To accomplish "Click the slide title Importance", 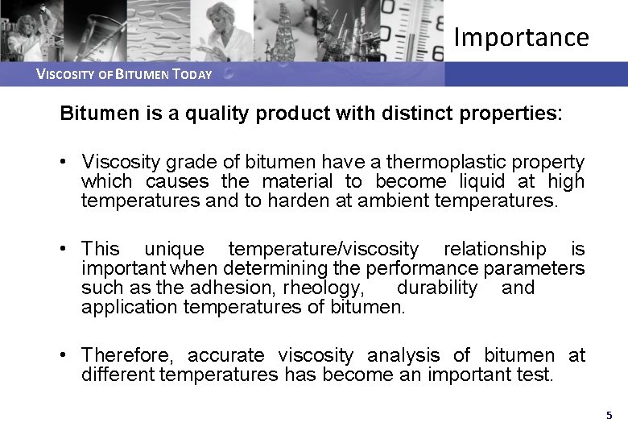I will pyautogui.click(x=521, y=37).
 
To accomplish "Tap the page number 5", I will pyautogui.click(x=609, y=416).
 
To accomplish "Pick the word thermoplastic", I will pyautogui.click(x=456, y=163).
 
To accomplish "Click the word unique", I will pyautogui.click(x=174, y=249).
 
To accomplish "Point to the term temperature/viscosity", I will pyautogui.click(x=324, y=249).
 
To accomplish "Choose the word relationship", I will pyautogui.click(x=494, y=249).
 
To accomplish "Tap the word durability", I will pyautogui.click(x=437, y=288).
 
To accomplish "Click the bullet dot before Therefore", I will pyautogui.click(x=64, y=355).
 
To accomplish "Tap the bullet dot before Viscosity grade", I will pyautogui.click(x=64, y=163).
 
